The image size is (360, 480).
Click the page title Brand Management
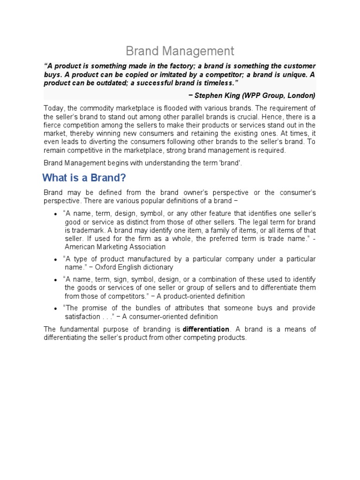180,51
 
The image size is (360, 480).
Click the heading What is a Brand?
84,178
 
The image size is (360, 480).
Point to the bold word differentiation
206,329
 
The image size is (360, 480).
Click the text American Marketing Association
115,247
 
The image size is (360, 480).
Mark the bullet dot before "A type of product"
56,259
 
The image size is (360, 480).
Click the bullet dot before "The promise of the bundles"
56,308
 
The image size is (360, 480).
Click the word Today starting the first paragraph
53,107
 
